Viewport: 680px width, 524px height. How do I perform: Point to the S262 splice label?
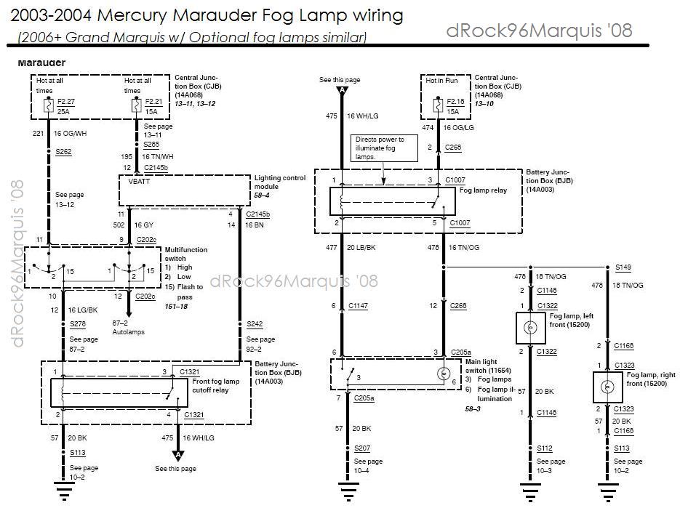(x=63, y=152)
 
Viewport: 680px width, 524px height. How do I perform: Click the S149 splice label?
(x=623, y=267)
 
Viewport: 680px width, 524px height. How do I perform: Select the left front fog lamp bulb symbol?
(x=530, y=328)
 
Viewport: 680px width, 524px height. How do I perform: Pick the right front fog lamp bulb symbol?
(x=606, y=387)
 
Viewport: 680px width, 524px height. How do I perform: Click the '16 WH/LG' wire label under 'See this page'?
(x=362, y=115)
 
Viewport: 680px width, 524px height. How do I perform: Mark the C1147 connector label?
(x=359, y=306)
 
